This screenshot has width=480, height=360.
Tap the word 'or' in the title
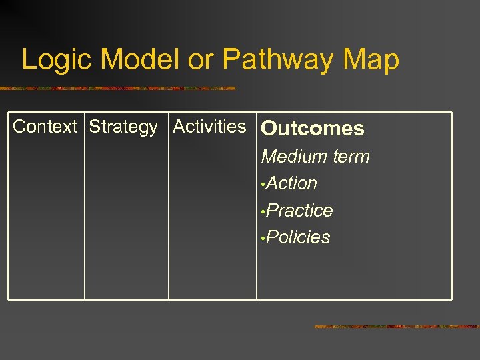point(201,59)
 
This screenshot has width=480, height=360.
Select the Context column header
point(45,127)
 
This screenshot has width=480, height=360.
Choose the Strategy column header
point(123,127)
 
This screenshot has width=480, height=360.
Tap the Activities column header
point(209,127)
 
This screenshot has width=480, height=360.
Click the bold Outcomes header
point(313,129)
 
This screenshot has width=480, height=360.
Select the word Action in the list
point(292,183)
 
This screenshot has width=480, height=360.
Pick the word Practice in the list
point(300,211)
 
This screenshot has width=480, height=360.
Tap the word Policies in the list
point(298,237)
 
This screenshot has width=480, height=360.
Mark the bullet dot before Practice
point(264,212)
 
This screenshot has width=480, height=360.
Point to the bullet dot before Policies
point(264,239)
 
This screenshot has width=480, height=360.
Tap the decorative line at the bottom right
point(397,327)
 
